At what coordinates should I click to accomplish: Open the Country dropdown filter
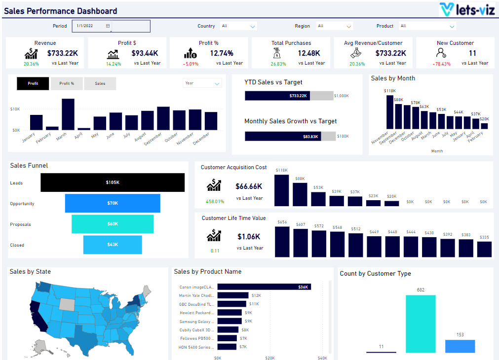[238, 26]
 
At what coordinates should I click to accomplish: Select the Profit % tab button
[67, 83]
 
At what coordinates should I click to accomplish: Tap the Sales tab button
[100, 83]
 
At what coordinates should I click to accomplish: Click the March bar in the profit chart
[68, 114]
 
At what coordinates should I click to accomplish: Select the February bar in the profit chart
[52, 128]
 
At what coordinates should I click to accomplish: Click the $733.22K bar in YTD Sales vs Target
[277, 96]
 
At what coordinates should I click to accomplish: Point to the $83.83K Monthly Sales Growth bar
[284, 136]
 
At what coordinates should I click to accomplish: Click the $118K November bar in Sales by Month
[390, 112]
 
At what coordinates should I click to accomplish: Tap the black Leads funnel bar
[113, 182]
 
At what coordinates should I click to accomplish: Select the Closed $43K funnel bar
[113, 245]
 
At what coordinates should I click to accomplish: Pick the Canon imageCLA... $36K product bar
[264, 287]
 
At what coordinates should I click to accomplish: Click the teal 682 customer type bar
[421, 324]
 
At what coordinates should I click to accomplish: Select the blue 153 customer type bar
[460, 346]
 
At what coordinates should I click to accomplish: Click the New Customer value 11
[472, 53]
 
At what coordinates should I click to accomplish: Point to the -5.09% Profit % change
[191, 64]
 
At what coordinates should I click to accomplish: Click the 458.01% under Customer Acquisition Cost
[214, 201]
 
